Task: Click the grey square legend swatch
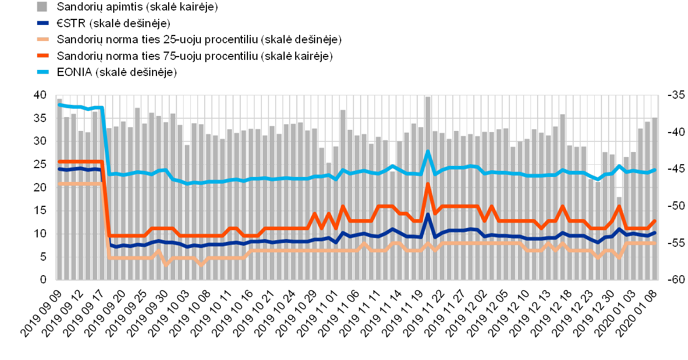pos(42,7)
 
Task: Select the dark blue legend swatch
pos(42,23)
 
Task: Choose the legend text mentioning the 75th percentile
pos(195,56)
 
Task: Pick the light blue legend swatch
pos(42,72)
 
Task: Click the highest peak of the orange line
pos(428,184)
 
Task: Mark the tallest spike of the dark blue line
pos(428,215)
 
